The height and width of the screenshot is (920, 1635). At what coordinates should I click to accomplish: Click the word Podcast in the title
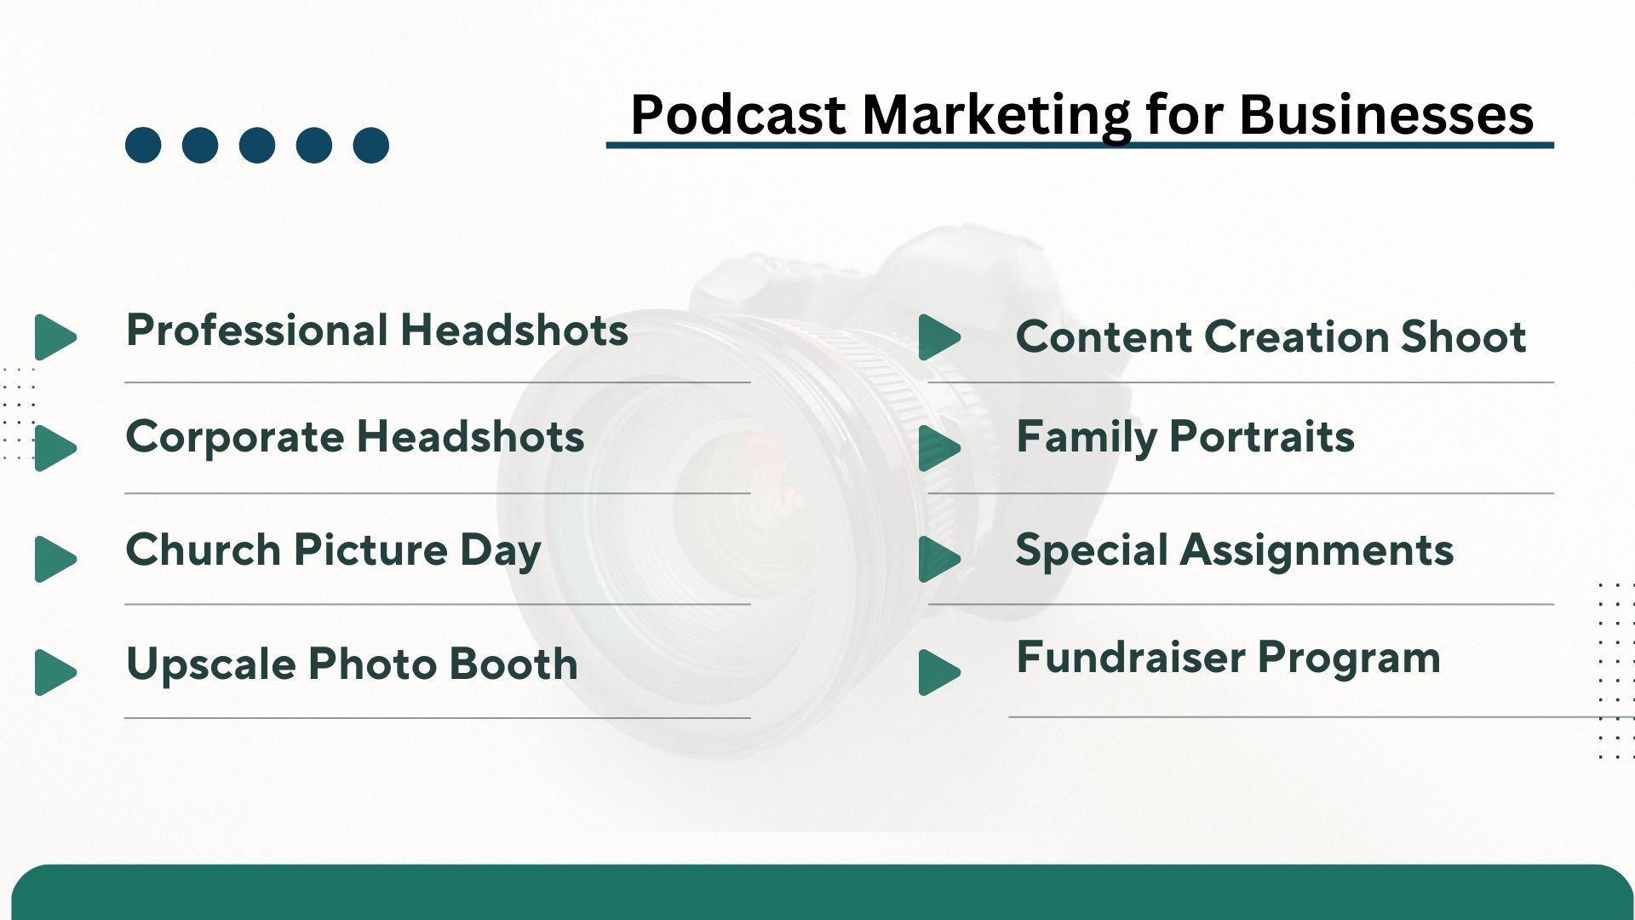[x=738, y=114]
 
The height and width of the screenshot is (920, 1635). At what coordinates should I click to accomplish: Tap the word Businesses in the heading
[x=1386, y=114]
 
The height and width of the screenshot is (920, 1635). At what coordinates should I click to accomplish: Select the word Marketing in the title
[x=996, y=116]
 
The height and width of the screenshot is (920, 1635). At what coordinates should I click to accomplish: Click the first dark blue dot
[x=143, y=145]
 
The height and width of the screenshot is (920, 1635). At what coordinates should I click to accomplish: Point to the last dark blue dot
[x=371, y=145]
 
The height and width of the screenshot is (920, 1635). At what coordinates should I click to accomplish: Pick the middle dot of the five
[x=257, y=145]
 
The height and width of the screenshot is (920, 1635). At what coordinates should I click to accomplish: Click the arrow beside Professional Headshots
[x=55, y=337]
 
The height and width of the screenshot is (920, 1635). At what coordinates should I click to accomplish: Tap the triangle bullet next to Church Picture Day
[x=55, y=559]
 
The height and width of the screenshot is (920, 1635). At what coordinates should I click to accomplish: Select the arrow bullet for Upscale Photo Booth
[x=55, y=672]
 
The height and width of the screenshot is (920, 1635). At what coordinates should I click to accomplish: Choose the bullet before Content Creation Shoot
[x=940, y=337]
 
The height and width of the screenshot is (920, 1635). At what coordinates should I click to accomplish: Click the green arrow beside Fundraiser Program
[x=940, y=672]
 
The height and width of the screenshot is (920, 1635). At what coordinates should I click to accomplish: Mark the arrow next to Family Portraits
[x=940, y=448]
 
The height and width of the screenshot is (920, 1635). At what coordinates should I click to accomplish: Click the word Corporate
[x=235, y=438]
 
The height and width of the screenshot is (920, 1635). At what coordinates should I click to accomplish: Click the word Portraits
[x=1262, y=437]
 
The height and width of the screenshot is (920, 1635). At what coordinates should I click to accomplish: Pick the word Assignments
[x=1317, y=551]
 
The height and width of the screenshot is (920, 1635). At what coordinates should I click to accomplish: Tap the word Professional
[x=257, y=330]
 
